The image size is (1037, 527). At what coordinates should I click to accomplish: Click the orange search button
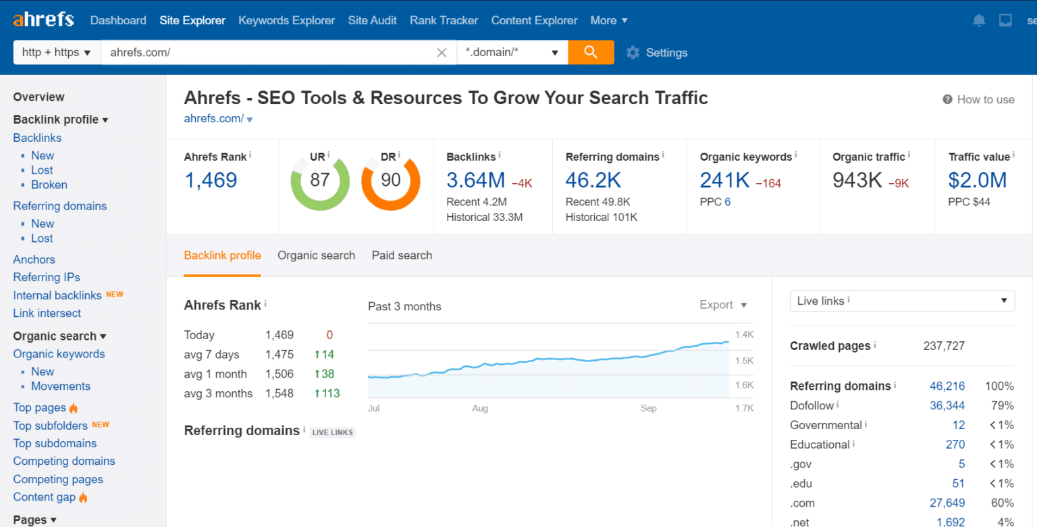tap(591, 52)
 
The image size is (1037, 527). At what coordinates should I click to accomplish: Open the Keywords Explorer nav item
tap(286, 20)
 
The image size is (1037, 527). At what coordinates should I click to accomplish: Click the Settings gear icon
tap(633, 53)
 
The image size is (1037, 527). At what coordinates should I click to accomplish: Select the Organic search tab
tap(316, 255)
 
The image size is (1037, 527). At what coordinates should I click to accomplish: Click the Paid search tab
tap(402, 255)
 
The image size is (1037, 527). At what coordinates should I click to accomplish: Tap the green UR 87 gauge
tap(319, 181)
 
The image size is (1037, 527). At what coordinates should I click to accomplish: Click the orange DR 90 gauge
tap(390, 181)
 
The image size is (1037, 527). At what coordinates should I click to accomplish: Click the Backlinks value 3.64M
tap(475, 180)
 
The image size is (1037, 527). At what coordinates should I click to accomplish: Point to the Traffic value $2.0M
tap(977, 180)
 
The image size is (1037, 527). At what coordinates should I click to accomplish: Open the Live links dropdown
tap(901, 301)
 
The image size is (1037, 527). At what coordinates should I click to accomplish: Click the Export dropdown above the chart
tap(723, 305)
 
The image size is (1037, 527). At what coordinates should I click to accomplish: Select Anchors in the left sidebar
tap(34, 259)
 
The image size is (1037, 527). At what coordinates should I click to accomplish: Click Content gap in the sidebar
tap(45, 497)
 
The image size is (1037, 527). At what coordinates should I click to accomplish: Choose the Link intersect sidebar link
tap(47, 313)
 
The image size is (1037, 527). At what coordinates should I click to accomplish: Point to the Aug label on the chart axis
tap(480, 408)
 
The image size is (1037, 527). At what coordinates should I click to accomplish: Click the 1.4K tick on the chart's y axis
tap(744, 334)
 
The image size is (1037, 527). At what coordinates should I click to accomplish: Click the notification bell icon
tap(979, 20)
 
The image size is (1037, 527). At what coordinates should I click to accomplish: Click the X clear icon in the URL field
tap(442, 53)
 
